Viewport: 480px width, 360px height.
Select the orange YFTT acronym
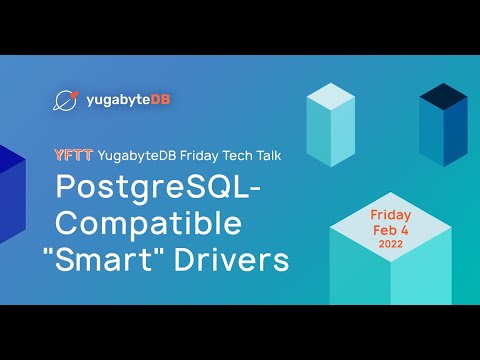point(74,155)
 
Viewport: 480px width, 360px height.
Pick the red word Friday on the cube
point(390,215)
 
